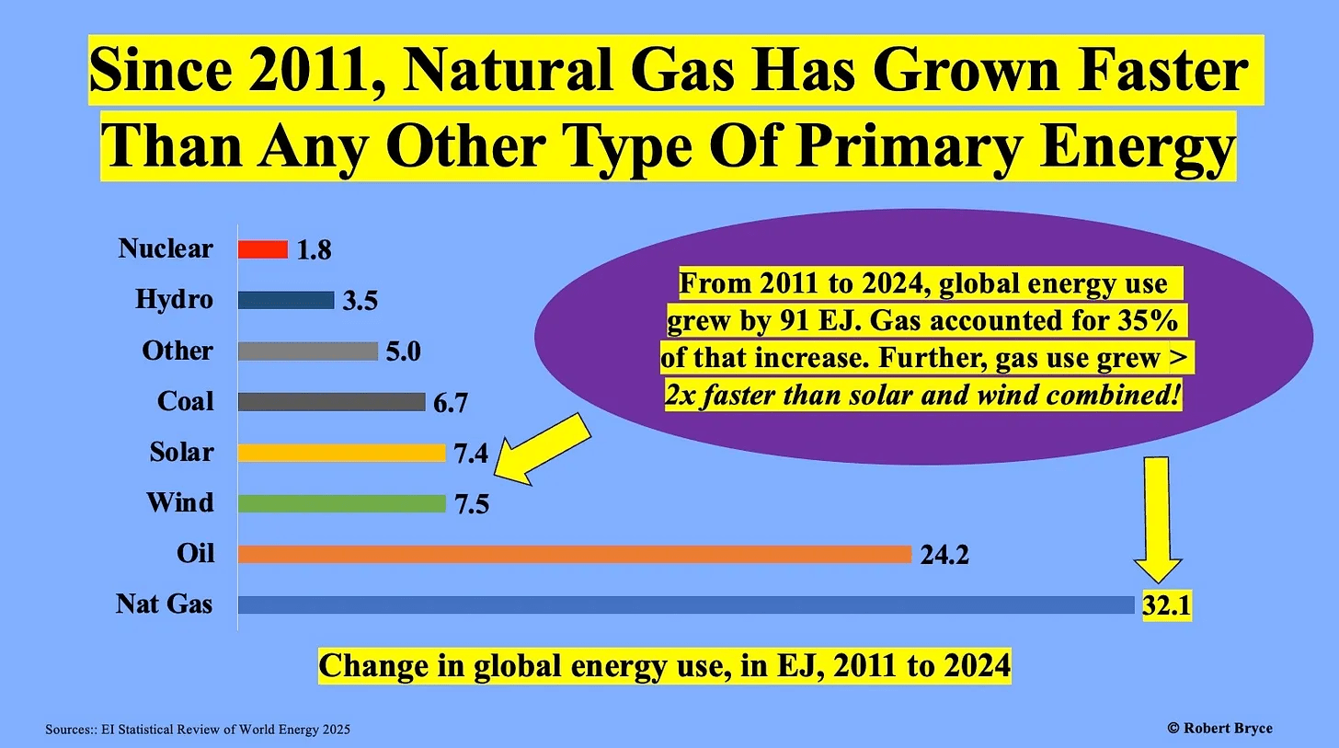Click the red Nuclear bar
point(263,249)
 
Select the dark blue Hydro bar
point(286,300)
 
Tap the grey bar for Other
point(308,351)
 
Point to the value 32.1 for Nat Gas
point(1167,604)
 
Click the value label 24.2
point(944,555)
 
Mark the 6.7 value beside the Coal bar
point(451,402)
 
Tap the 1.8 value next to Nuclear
point(314,250)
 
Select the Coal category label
point(186,401)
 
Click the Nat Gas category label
point(165,604)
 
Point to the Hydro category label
point(174,299)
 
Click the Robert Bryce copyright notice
point(1220,728)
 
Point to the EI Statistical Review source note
point(198,730)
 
